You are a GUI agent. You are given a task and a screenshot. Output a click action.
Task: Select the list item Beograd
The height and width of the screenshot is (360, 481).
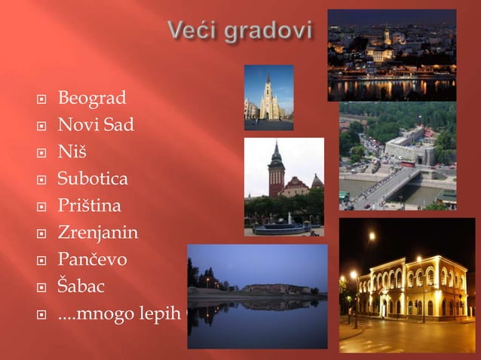tap(92, 98)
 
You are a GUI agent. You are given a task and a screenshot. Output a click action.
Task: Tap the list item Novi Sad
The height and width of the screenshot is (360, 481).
tap(96, 125)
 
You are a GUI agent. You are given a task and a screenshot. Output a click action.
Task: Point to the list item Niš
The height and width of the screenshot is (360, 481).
tap(72, 152)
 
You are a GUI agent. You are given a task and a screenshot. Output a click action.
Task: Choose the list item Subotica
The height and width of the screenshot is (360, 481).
tap(93, 179)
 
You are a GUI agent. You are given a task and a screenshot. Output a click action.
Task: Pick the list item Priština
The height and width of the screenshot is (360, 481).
tap(89, 206)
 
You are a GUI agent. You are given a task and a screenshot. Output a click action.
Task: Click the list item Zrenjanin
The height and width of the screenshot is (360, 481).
tap(98, 233)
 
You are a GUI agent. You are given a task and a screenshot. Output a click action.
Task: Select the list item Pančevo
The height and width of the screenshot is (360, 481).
tap(92, 260)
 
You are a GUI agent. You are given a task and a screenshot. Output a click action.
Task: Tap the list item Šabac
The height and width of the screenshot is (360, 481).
tap(81, 287)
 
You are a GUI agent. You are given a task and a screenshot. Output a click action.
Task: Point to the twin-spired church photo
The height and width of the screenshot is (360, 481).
tap(268, 97)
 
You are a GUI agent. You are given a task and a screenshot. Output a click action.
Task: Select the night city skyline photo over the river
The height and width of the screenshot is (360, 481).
tap(391, 55)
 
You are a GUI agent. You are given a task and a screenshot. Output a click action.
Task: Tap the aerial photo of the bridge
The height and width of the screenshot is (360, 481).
tap(397, 156)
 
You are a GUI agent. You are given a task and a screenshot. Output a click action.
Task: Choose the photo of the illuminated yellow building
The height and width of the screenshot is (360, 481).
tap(406, 285)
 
